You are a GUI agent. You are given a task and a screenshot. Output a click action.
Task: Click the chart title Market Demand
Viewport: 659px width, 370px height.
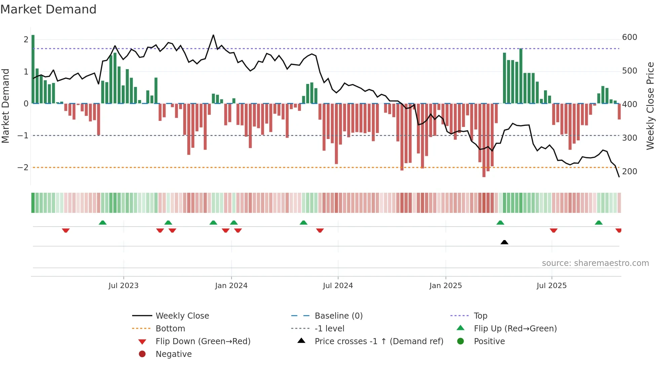(48, 9)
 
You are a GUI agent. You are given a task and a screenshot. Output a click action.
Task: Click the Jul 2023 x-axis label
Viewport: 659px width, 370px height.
(123, 286)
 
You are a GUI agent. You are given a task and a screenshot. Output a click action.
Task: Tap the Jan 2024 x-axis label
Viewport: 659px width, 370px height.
(231, 286)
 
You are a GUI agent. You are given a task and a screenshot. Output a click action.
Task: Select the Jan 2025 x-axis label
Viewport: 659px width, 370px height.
(445, 286)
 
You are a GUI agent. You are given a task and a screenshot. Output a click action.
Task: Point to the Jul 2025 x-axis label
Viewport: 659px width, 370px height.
(551, 286)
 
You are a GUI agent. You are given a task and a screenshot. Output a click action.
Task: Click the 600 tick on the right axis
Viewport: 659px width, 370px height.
(629, 37)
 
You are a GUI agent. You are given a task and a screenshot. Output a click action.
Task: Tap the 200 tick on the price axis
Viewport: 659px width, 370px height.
(629, 172)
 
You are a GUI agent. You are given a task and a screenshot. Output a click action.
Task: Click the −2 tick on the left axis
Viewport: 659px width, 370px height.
(23, 168)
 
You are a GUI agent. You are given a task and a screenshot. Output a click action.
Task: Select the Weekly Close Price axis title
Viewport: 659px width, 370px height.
(650, 106)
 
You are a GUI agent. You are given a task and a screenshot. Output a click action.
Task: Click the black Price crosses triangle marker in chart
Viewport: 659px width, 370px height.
(504, 242)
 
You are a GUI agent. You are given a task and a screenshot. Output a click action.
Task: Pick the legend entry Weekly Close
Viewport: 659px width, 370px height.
(182, 316)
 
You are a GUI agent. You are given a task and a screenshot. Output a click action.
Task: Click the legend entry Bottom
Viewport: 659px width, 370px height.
(170, 329)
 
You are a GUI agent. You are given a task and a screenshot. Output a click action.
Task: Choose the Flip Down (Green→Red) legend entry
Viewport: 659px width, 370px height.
(203, 341)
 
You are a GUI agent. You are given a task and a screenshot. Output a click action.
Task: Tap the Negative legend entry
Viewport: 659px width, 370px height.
(173, 354)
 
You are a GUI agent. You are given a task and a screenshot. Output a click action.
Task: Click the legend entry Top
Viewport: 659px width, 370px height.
(480, 316)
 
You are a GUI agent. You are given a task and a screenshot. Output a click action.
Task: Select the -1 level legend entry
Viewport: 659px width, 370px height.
(329, 329)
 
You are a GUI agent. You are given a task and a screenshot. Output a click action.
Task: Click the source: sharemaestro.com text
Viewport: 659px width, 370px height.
(595, 263)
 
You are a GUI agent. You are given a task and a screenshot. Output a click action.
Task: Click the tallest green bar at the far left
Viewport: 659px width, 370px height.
(33, 69)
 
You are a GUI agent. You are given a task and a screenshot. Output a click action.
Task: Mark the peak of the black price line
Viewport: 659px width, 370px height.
(213, 35)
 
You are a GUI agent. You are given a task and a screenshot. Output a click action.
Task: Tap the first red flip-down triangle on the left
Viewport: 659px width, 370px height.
(66, 230)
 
